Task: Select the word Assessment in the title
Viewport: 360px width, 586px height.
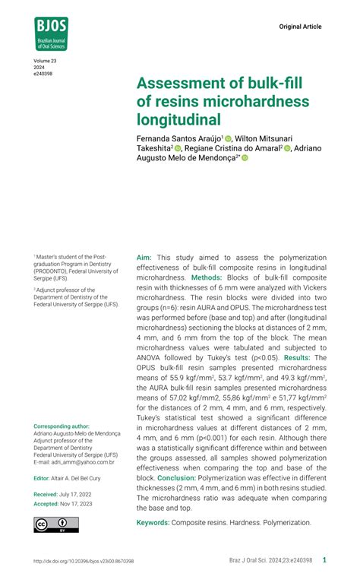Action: pyautogui.click(x=182, y=82)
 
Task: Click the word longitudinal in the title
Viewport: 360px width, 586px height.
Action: pyautogui.click(x=178, y=119)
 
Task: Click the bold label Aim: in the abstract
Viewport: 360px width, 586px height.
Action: pyautogui.click(x=144, y=258)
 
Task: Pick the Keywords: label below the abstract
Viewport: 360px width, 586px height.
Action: pyautogui.click(x=153, y=523)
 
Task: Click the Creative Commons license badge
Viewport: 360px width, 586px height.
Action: pyautogui.click(x=55, y=524)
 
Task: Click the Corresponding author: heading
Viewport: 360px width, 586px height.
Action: pyautogui.click(x=62, y=427)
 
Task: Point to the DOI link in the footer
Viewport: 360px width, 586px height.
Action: pyautogui.click(x=84, y=561)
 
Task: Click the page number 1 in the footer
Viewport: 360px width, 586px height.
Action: pyautogui.click(x=324, y=560)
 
